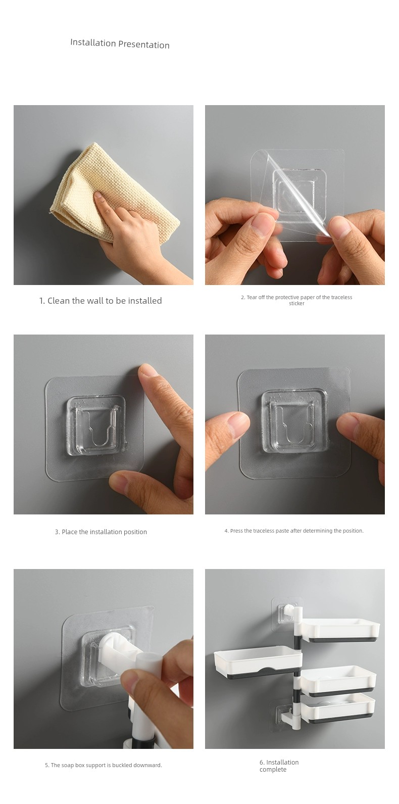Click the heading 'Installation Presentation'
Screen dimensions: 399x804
click(x=120, y=44)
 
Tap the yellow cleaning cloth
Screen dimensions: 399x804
click(x=108, y=186)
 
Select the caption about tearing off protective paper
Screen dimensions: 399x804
click(x=296, y=300)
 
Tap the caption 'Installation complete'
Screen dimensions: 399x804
click(x=279, y=766)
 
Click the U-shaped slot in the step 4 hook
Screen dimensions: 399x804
click(x=294, y=423)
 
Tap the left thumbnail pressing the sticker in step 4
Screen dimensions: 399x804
click(x=237, y=420)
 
